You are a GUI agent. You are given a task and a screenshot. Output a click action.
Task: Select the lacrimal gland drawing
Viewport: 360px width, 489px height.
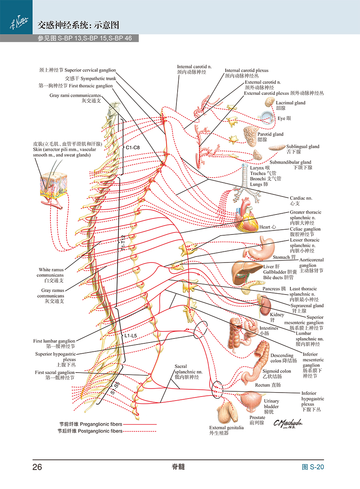point(270,102)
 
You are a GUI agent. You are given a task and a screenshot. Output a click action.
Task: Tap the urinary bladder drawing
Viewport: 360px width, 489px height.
point(251,401)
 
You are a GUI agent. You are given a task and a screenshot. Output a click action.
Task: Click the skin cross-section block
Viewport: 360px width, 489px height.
point(54,186)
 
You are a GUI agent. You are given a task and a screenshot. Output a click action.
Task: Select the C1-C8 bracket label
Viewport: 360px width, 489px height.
point(133,148)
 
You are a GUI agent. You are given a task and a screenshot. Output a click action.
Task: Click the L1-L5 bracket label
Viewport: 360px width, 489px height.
point(130,335)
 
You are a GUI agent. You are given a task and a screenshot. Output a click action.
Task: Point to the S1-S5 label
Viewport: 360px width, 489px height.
point(115,388)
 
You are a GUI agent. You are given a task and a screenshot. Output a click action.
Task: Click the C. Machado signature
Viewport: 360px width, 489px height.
point(288,423)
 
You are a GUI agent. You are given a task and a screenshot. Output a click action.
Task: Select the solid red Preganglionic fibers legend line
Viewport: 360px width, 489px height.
point(140,425)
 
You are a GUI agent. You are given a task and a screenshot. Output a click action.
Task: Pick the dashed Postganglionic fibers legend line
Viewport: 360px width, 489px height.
point(140,431)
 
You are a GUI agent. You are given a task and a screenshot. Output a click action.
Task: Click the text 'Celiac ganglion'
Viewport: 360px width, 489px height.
point(305,229)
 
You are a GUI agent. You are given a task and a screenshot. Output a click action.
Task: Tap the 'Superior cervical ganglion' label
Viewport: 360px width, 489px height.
point(90,70)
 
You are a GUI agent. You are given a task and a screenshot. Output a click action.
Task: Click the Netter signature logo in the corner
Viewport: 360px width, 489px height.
point(19,22)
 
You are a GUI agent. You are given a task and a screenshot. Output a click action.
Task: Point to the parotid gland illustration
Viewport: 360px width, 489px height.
point(250,136)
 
